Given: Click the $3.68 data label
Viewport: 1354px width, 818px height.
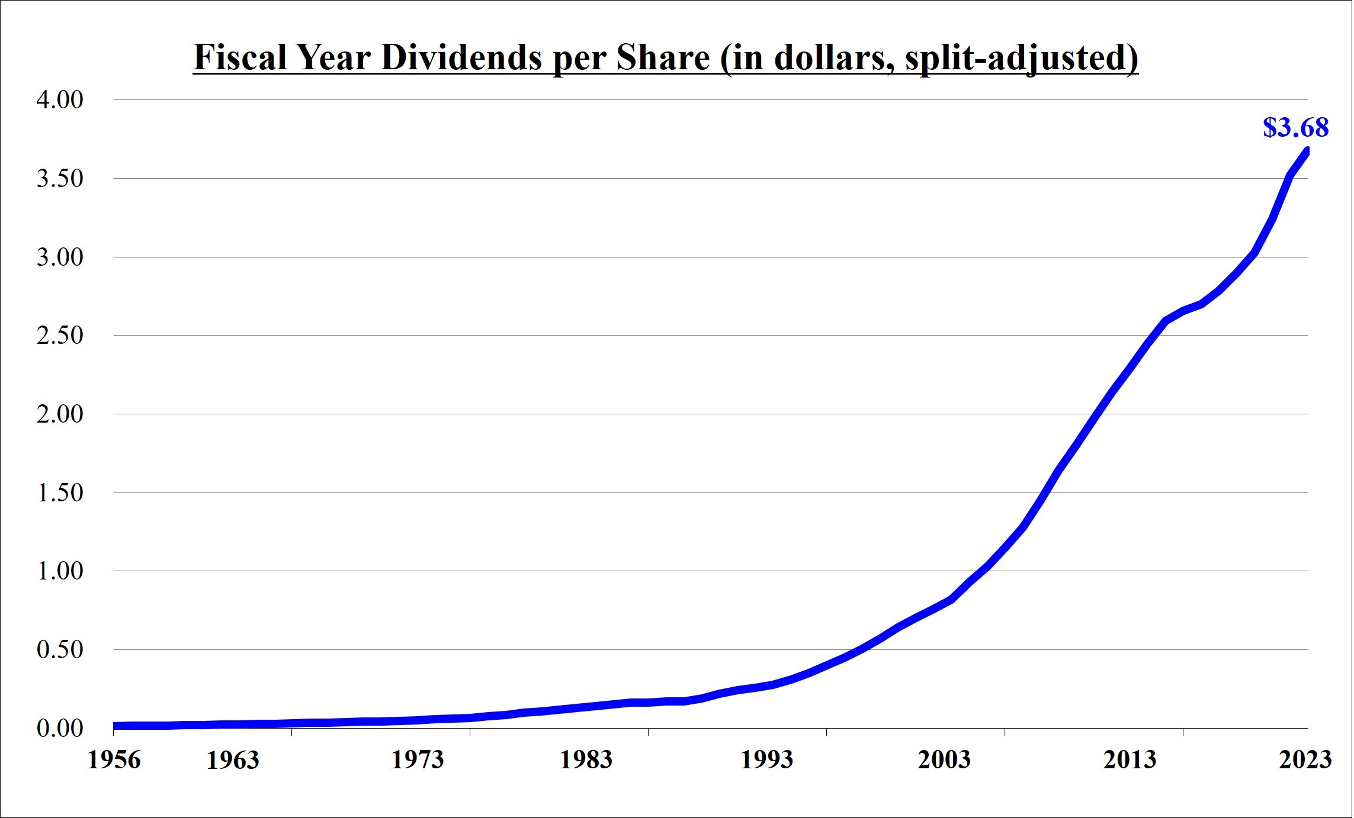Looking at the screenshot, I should (x=1295, y=127).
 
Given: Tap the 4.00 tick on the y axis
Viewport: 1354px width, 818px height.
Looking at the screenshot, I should (x=60, y=99).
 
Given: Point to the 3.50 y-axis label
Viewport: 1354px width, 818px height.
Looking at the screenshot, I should (x=60, y=178).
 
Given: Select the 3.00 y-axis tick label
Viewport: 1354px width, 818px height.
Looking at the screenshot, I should (x=60, y=257).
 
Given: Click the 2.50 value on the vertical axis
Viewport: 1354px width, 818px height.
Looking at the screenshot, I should (x=60, y=335).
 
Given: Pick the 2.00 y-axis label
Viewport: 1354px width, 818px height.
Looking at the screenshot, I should (x=60, y=414).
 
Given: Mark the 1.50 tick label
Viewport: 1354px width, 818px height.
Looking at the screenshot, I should (x=60, y=492).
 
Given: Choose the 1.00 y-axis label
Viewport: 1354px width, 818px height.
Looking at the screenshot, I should (x=60, y=571).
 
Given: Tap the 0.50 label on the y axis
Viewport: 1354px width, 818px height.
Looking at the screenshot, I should (x=60, y=649).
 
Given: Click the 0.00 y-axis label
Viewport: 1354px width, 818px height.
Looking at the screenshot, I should (x=60, y=728).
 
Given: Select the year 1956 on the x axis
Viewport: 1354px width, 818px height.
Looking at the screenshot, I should (x=114, y=760).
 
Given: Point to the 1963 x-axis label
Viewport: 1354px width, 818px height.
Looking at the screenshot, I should (x=233, y=760).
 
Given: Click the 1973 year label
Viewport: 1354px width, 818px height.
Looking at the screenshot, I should (x=417, y=760).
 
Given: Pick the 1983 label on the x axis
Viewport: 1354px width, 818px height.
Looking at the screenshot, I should (x=586, y=760).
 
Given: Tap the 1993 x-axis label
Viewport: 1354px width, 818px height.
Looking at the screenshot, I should (x=766, y=760).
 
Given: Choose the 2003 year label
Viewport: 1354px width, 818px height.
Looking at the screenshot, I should (x=944, y=760).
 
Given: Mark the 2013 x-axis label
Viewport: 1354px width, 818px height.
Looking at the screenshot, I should (x=1130, y=760).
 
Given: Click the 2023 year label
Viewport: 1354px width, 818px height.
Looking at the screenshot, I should (x=1305, y=760).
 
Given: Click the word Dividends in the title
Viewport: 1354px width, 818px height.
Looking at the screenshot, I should (x=461, y=58).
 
